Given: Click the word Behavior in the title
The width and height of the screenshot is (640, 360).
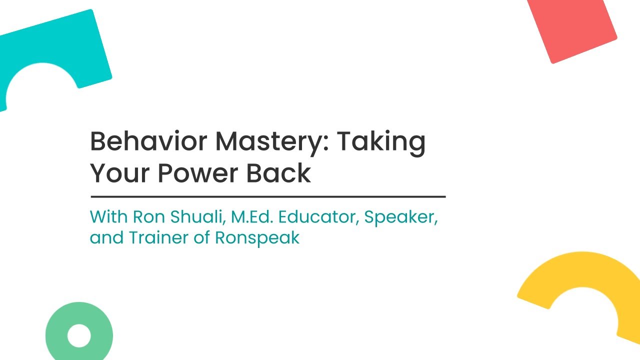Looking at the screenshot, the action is (x=148, y=141).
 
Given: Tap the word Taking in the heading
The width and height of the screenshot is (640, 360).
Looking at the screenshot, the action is (x=381, y=143).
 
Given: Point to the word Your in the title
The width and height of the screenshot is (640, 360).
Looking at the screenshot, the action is (x=119, y=173).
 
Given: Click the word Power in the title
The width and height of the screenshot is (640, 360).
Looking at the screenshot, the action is (x=197, y=173).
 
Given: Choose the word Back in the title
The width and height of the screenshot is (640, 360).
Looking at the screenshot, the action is (x=278, y=172).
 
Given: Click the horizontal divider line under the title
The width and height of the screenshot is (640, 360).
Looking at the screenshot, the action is (x=268, y=197).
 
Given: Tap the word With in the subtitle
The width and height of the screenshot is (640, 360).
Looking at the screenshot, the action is (x=108, y=216).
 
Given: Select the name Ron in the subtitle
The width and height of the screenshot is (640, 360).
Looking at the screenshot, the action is (x=149, y=216).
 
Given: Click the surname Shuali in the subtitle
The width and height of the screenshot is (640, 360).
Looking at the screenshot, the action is (x=197, y=217).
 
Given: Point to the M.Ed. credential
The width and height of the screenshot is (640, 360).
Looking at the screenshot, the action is (x=252, y=216).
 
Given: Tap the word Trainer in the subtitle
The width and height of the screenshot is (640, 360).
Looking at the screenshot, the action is (x=158, y=237).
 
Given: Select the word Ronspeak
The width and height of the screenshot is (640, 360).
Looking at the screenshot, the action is (x=257, y=239).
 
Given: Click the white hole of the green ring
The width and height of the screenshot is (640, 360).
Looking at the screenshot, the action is (x=79, y=335).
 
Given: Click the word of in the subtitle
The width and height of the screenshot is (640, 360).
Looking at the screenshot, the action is (x=201, y=237).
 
